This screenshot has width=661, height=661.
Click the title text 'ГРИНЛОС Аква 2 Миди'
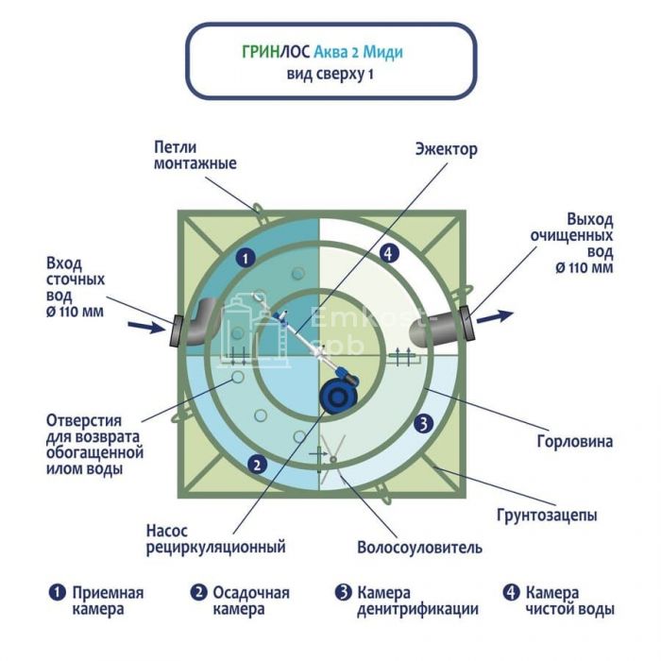(x=330, y=54)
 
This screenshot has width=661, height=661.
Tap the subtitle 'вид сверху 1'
(x=330, y=75)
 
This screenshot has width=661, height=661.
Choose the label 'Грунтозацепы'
(x=547, y=515)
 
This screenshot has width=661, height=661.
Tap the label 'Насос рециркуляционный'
(x=215, y=537)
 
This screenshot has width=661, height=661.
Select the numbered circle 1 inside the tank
(x=245, y=256)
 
